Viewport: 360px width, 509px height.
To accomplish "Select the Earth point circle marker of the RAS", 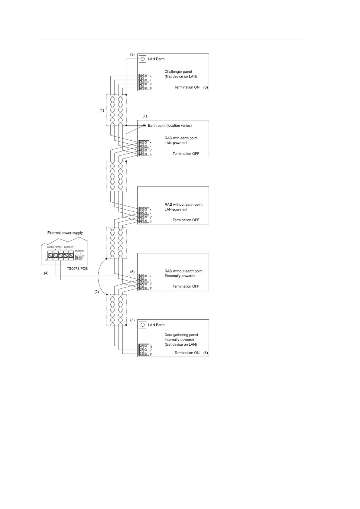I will pyautogui.click(x=144, y=126).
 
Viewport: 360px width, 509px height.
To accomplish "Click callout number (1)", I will pyautogui.click(x=102, y=110).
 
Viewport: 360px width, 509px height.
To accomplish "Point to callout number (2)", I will pyautogui.click(x=97, y=292).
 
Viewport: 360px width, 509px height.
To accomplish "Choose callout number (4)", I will pyautogui.click(x=46, y=273).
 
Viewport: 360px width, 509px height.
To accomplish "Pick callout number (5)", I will pyautogui.click(x=132, y=272).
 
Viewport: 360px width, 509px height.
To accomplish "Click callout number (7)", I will pyautogui.click(x=145, y=116).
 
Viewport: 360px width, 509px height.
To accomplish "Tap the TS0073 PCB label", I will pyautogui.click(x=77, y=269).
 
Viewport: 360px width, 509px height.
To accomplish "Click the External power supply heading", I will pyautogui.click(x=65, y=233).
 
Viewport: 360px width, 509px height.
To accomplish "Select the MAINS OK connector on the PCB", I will pyautogui.click(x=79, y=257).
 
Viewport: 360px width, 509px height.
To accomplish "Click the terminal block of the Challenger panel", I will pyautogui.click(x=144, y=82).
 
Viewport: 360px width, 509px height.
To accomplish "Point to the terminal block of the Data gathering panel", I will pyautogui.click(x=144, y=350).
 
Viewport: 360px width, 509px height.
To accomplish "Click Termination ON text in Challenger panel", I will pyautogui.click(x=187, y=87).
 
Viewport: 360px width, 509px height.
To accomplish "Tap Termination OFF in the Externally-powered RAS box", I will pyautogui.click(x=186, y=286).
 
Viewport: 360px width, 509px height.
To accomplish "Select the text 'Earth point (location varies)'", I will pyautogui.click(x=170, y=126).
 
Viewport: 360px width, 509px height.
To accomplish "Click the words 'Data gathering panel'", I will pyautogui.click(x=181, y=335).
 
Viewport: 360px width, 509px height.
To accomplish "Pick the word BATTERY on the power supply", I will pyautogui.click(x=69, y=247).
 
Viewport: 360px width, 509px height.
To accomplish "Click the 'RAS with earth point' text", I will pyautogui.click(x=181, y=138).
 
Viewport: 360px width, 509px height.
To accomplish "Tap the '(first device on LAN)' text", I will pyautogui.click(x=181, y=77).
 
